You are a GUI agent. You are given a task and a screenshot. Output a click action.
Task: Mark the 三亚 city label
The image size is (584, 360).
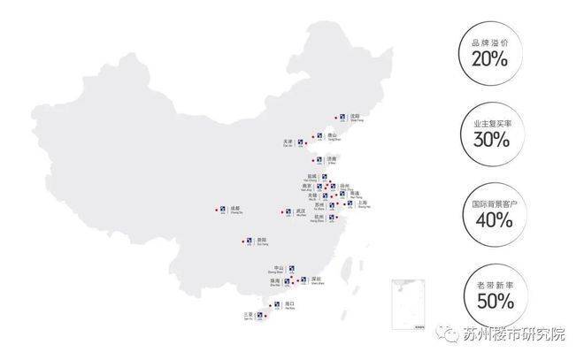click(x=248, y=314)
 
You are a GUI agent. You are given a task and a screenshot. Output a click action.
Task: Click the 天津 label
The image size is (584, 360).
click(x=288, y=140)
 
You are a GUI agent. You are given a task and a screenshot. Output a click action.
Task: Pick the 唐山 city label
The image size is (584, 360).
click(x=332, y=135)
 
